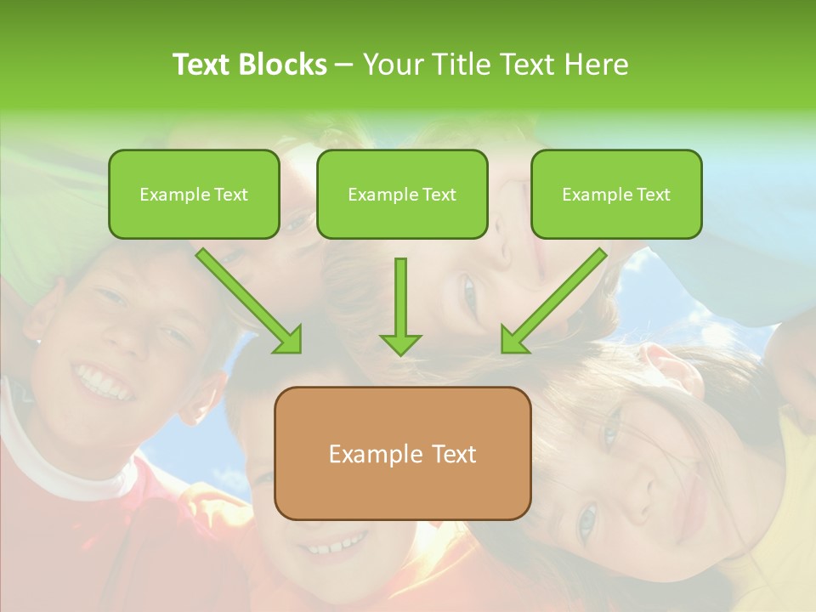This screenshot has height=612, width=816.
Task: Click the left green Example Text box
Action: tap(194, 195)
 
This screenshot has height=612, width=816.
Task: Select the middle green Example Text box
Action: tap(402, 195)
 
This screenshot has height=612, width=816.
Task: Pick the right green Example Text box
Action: tap(616, 195)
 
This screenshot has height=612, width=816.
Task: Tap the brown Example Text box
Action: tap(402, 453)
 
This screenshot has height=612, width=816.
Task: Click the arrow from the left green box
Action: tap(247, 299)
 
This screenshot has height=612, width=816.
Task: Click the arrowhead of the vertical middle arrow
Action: tap(400, 343)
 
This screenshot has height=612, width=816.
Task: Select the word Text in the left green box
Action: tap(231, 195)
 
